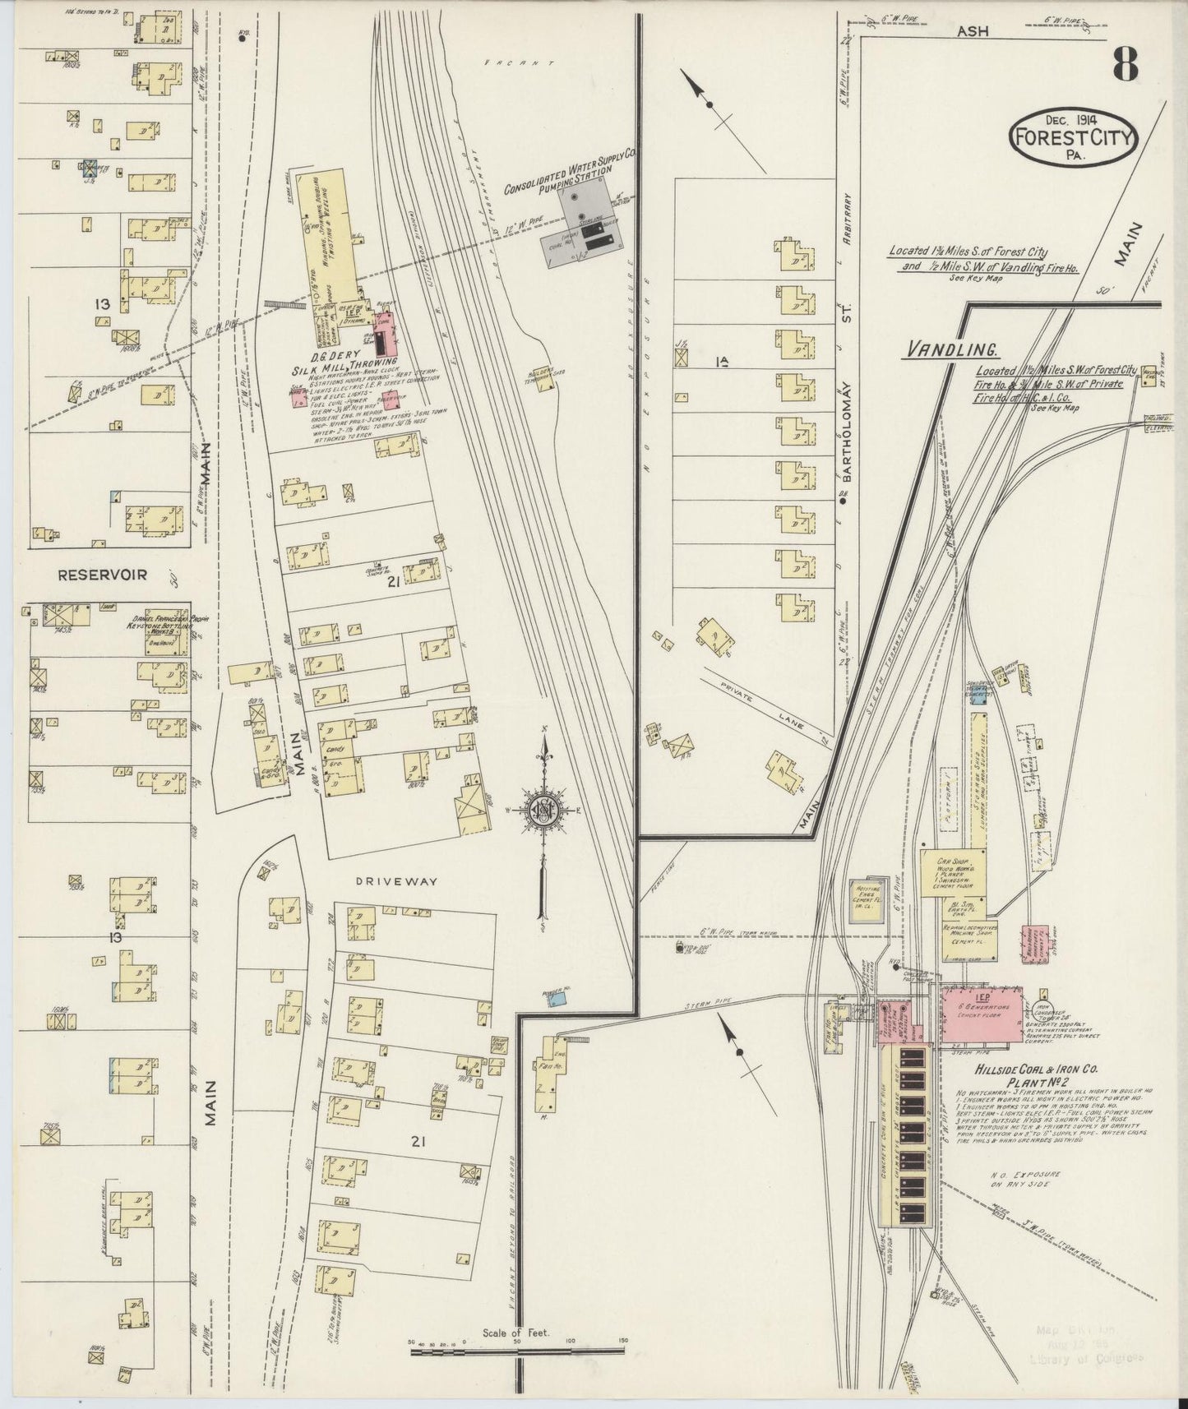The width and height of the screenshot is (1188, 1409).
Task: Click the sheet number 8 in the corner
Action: tap(1126, 64)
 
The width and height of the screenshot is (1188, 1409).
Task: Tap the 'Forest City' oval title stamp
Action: tap(1073, 137)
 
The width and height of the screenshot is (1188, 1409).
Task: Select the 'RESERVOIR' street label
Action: tap(102, 575)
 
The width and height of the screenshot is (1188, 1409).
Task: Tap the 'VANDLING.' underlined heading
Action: tap(951, 349)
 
